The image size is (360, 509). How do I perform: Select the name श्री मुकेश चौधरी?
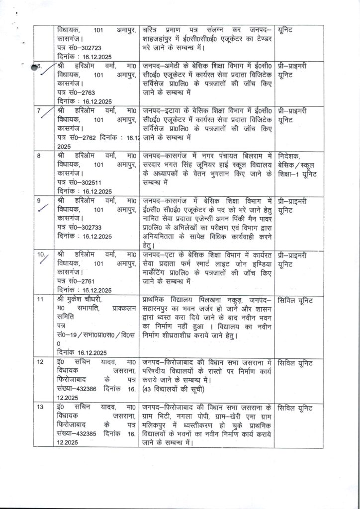[81, 300]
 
